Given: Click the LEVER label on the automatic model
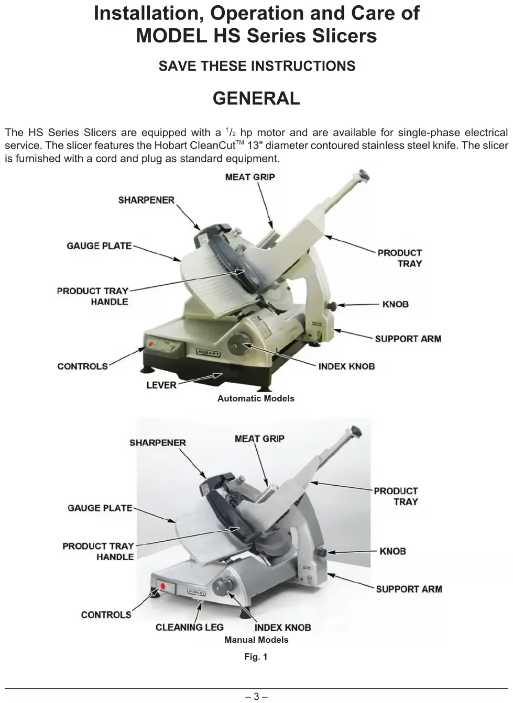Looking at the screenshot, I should point(161,385).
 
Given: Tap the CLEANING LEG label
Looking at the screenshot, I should point(189,627).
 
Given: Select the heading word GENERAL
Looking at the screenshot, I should point(256,98).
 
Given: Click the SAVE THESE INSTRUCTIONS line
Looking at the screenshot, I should point(257,66).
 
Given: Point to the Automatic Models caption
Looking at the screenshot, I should point(256,398).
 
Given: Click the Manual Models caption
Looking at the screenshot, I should point(256,640).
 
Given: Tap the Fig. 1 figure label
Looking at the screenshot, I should point(256,656).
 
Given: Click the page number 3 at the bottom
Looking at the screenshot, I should point(256,696).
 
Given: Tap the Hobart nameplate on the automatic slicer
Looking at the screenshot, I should point(209,353).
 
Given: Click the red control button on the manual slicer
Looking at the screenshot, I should point(162,587).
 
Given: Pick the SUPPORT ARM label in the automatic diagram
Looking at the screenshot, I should point(408,339).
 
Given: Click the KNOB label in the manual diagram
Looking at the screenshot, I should point(392,551).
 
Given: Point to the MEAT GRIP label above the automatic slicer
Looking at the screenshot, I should point(249,177).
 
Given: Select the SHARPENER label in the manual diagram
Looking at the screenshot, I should point(157,443).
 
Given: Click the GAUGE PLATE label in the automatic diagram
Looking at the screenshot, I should point(99,246).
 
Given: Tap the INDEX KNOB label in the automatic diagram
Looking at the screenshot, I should point(346,366).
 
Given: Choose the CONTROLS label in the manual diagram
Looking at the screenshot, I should point(106,615).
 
